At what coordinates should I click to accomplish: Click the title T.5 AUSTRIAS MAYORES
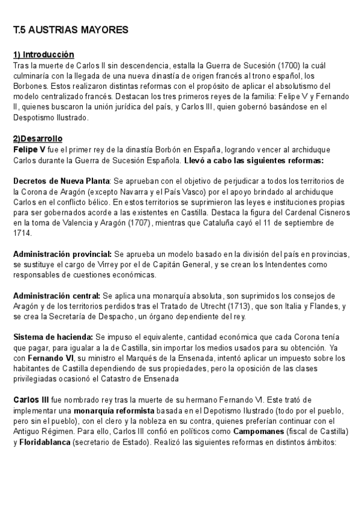point(71,29)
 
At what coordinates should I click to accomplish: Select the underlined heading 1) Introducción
point(44,55)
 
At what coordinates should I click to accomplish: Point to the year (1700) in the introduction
point(289,65)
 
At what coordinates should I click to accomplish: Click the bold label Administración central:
point(56,296)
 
